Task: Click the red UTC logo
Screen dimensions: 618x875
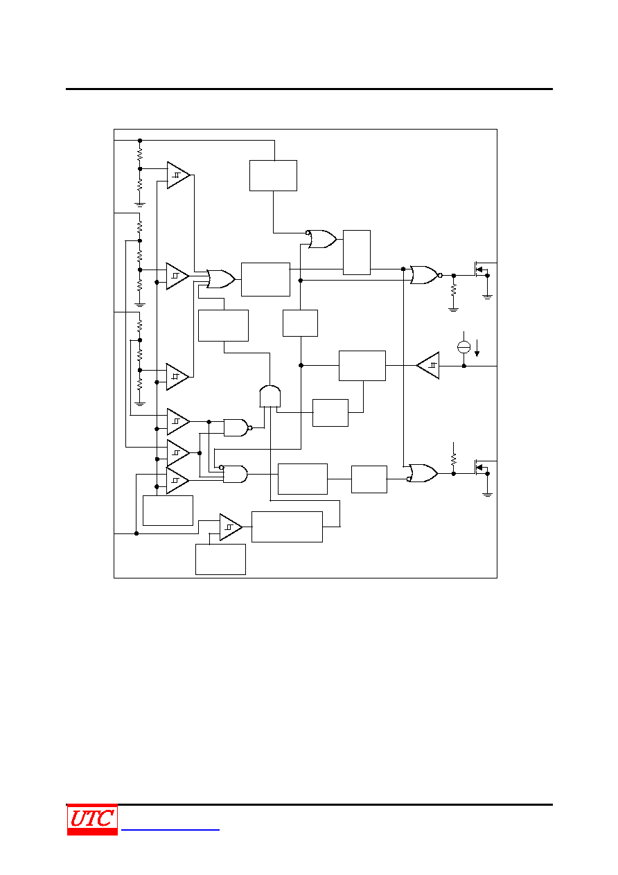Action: [92, 819]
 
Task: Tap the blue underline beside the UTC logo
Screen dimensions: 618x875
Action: [170, 830]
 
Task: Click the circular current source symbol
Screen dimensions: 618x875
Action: [463, 347]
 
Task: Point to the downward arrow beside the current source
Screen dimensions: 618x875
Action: [477, 348]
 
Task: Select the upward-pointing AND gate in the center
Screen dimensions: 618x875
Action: [270, 396]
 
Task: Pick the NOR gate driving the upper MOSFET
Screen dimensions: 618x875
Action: [426, 275]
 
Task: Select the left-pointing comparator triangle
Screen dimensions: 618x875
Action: [427, 366]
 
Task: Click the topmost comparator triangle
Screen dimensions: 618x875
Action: [179, 175]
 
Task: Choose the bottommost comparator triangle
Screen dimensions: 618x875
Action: [231, 527]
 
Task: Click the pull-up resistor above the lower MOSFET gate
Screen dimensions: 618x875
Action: [454, 459]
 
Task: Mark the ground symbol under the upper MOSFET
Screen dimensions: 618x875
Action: [487, 297]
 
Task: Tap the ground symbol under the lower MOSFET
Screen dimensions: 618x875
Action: [487, 495]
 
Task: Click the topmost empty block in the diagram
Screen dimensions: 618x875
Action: [273, 175]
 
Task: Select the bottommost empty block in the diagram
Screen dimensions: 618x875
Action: [220, 559]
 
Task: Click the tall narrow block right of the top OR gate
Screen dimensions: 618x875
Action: [357, 252]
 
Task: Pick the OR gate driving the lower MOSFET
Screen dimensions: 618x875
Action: [423, 473]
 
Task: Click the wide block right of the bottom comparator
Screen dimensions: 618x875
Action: [287, 527]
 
